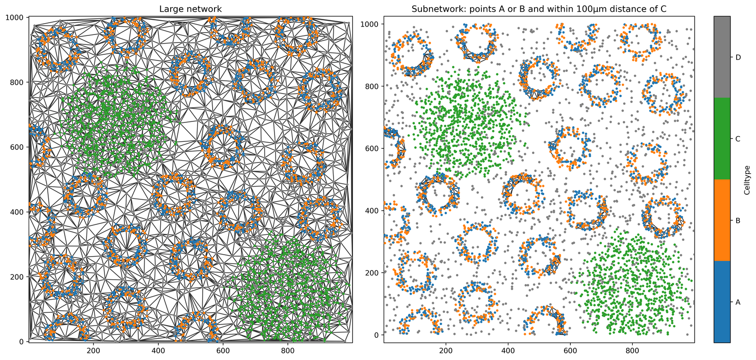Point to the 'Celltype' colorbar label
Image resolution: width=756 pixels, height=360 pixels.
[747, 180]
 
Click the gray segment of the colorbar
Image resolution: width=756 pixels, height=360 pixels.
[722, 57]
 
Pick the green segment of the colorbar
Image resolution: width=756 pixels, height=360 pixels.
[722, 139]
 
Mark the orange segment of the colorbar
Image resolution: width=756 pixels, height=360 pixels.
[722, 220]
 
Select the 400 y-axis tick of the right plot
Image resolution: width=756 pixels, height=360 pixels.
[372, 211]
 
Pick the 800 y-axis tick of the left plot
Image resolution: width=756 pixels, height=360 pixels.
[19, 82]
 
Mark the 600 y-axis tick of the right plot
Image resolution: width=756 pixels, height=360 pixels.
[372, 148]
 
